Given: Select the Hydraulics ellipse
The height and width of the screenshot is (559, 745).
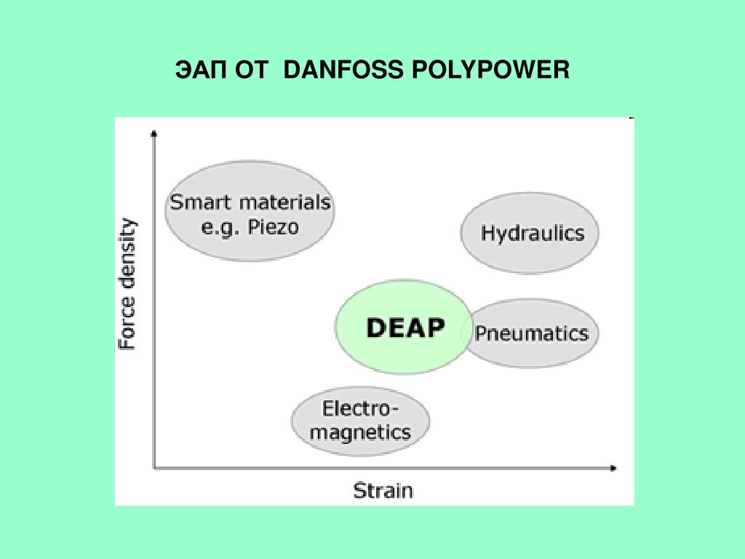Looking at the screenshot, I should click(532, 234).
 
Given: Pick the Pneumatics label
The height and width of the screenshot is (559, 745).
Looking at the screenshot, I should click(532, 333).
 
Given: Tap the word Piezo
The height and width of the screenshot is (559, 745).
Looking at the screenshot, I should click(273, 226).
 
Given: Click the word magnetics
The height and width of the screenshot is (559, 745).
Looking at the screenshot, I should click(360, 432).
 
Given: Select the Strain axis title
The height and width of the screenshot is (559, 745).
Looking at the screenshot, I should click(383, 490).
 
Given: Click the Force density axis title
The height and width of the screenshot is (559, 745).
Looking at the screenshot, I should click(127, 284).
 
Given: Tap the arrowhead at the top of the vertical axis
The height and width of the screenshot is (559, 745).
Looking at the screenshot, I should click(154, 133).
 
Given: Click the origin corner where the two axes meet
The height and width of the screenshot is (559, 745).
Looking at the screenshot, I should click(154, 468).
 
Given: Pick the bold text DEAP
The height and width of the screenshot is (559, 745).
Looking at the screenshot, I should click(405, 328).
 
